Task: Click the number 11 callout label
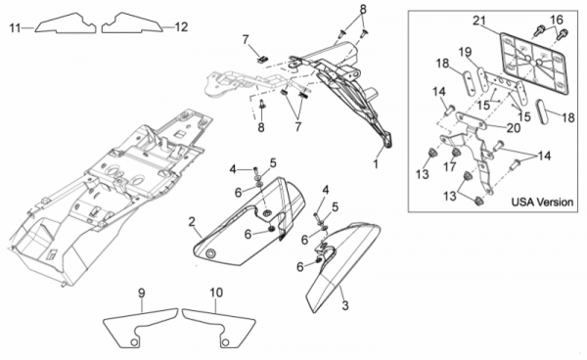[15, 27]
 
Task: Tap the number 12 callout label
[181, 27]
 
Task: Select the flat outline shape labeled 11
[66, 23]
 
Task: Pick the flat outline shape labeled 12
[132, 23]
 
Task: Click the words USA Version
[542, 202]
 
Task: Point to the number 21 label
[479, 21]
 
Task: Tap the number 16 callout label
[557, 20]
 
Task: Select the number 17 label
[450, 166]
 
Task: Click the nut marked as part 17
[456, 153]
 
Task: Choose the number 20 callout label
[514, 128]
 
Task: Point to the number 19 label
[466, 52]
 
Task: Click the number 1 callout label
[376, 164]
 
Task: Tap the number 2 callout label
[192, 222]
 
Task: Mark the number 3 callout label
[345, 305]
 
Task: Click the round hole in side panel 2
[210, 254]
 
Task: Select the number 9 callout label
[141, 292]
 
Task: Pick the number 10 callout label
[216, 292]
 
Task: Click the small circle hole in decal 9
[134, 342]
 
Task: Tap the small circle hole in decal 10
[225, 342]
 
